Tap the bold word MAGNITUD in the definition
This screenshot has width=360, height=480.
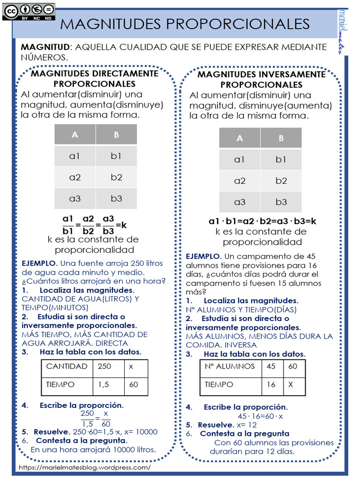click(45, 47)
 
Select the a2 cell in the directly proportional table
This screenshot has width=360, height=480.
click(75, 177)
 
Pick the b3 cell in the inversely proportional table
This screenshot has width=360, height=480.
click(281, 202)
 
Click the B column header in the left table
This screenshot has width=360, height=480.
click(116, 135)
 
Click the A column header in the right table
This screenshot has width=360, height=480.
click(240, 138)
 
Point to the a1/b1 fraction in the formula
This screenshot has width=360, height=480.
click(68, 225)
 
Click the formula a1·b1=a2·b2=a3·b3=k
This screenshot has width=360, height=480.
click(262, 221)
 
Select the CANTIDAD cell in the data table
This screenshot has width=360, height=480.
click(67, 367)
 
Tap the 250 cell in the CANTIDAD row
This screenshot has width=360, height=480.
click(105, 367)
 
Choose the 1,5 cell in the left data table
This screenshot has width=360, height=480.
click(104, 384)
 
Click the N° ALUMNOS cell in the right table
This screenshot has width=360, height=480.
click(230, 367)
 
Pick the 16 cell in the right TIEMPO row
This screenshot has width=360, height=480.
click(271, 384)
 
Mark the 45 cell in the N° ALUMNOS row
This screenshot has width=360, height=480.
click(271, 367)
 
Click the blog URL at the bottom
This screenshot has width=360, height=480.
click(85, 467)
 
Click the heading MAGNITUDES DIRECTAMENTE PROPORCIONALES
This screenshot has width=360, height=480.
click(94, 79)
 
